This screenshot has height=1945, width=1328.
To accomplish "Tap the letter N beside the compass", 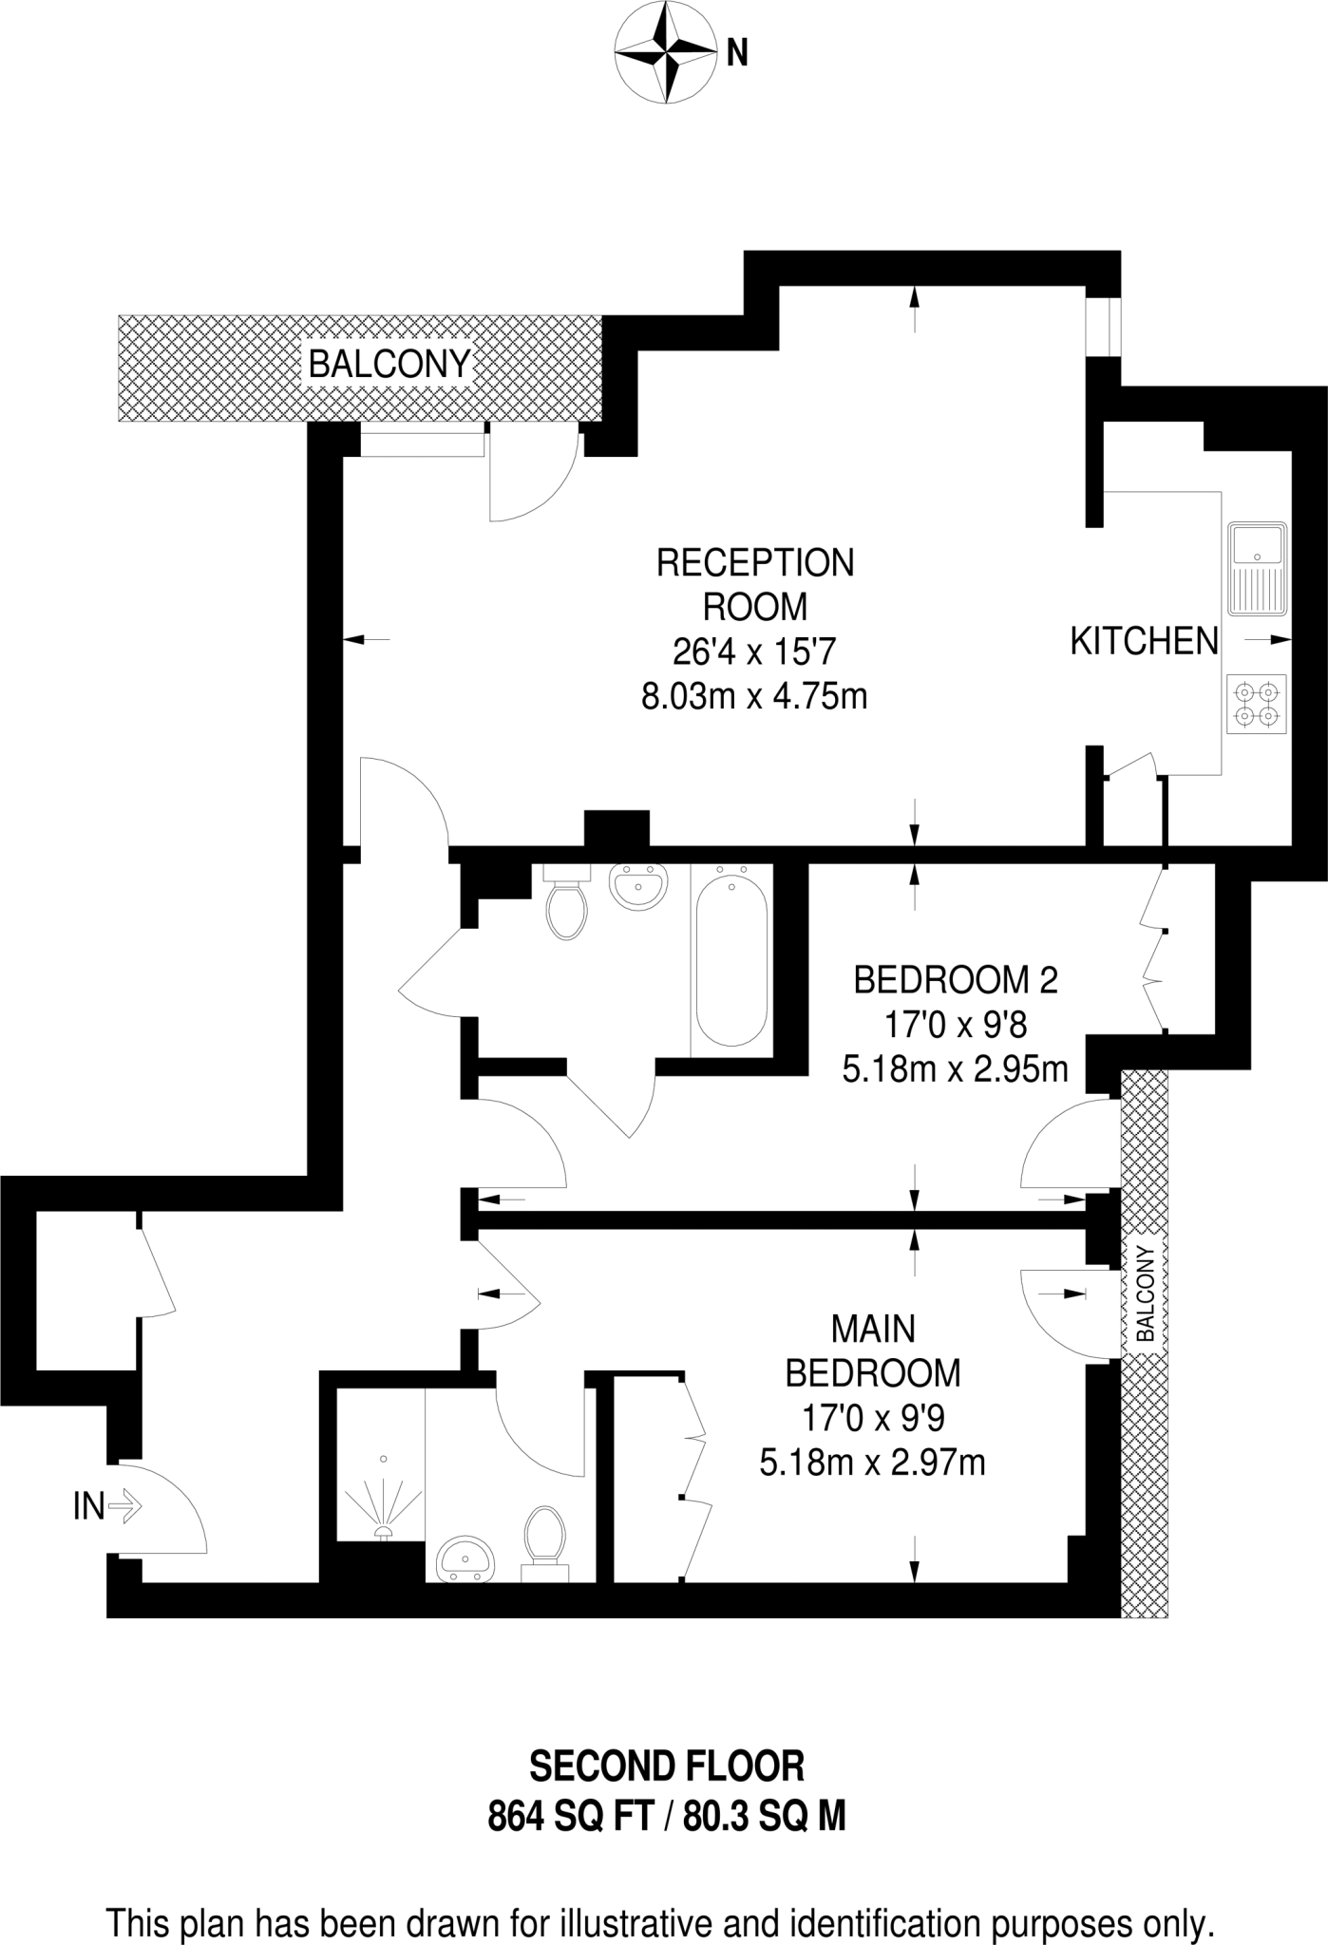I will click(737, 54).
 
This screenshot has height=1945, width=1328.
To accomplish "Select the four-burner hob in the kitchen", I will click(1256, 704).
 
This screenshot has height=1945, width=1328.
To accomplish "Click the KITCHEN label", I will click(1144, 641).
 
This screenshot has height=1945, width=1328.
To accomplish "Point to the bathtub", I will click(731, 960).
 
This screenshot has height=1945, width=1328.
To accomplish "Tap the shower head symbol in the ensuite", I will click(384, 1531).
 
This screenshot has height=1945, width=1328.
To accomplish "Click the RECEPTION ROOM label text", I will click(755, 584).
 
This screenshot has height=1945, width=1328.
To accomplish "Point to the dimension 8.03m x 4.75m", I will click(755, 697).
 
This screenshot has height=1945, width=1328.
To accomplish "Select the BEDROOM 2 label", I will click(955, 979).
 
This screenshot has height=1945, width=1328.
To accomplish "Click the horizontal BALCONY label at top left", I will click(389, 364).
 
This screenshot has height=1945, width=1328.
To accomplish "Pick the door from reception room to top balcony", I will click(532, 475).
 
